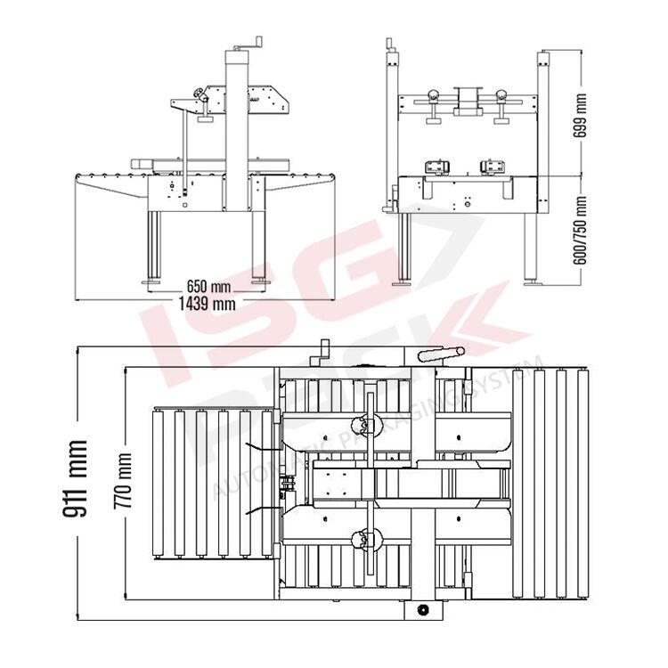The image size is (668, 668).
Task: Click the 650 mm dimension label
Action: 208,286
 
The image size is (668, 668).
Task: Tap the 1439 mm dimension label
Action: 207,304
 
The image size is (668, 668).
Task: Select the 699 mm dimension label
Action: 580,116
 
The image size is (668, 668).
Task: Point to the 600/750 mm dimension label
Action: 580,230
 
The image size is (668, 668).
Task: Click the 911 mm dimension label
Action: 75,478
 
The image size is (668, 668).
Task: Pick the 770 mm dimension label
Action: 122,481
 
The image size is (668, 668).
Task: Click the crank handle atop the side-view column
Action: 248,44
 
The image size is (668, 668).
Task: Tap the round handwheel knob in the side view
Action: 198,93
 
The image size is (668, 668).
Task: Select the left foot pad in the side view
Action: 151,282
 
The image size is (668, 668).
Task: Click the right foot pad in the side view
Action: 259,282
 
